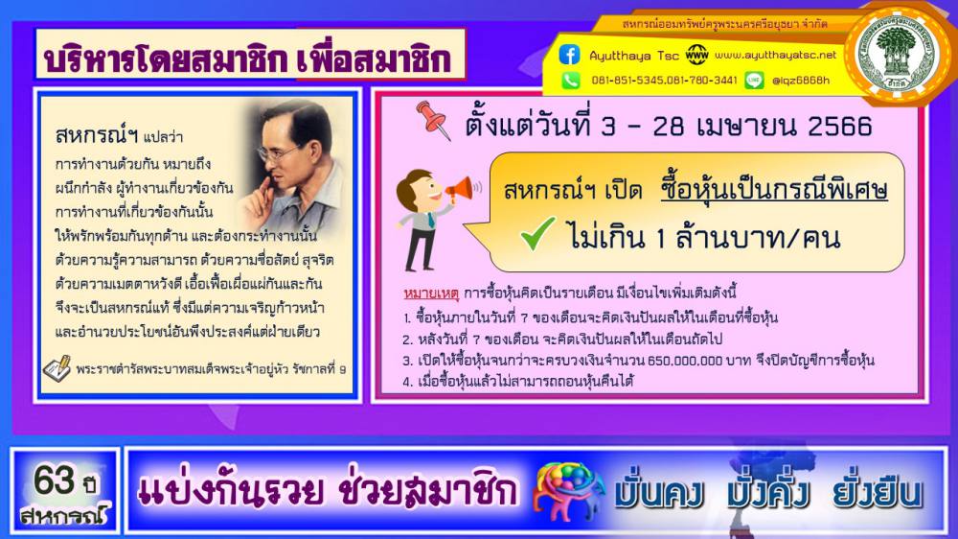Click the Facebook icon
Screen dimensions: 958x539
(x=569, y=55)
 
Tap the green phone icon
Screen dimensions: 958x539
(x=571, y=81)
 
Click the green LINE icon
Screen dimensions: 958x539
(x=754, y=81)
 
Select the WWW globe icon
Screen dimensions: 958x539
(x=696, y=55)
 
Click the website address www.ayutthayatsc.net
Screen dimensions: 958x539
(x=775, y=55)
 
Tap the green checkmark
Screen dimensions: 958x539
(x=537, y=233)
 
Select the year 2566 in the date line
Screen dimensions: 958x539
(x=840, y=126)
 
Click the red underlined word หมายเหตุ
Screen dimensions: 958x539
(x=431, y=293)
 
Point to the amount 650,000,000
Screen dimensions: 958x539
(x=684, y=361)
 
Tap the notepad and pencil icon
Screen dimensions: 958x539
(x=57, y=368)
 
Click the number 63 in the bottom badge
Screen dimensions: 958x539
(x=54, y=480)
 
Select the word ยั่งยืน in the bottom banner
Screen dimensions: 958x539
(x=877, y=493)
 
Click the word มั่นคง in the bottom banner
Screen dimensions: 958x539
(x=659, y=493)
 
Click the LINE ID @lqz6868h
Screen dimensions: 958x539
(x=801, y=81)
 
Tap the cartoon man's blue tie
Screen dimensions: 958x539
(x=431, y=220)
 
